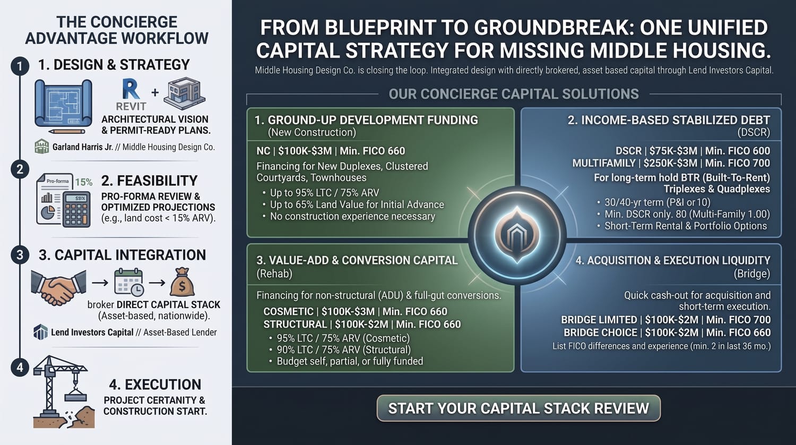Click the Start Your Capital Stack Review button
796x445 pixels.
pos(518,408)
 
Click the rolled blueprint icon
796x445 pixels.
pos(63,106)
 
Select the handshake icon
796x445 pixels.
pos(58,287)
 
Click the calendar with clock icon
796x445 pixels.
pos(128,283)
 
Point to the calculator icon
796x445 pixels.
pos(76,210)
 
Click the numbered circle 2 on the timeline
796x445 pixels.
pos(20,169)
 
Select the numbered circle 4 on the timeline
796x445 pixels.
pos(20,367)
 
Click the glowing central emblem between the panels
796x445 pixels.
pos(517,235)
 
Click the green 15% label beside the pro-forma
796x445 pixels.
pos(84,182)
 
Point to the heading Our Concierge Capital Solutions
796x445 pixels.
pos(514,95)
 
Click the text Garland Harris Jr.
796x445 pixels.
pos(82,147)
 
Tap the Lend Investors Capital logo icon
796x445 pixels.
pos(40,332)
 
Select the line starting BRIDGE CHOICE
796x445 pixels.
pos(667,332)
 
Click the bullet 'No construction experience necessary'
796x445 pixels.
pos(352,216)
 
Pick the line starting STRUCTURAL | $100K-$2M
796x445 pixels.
pos(362,324)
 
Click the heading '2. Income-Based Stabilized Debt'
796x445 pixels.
pos(669,120)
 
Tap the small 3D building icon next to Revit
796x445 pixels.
pos(184,93)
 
